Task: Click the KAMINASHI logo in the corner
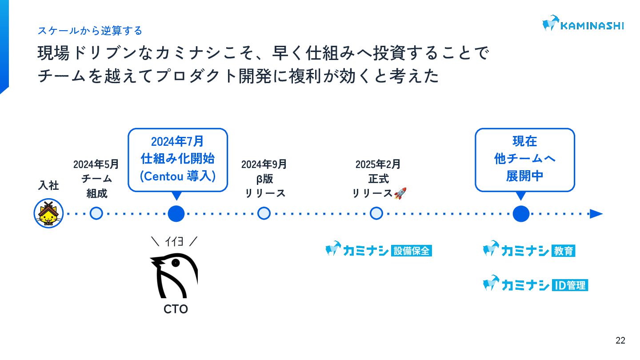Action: [583, 24]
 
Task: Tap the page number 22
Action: [620, 341]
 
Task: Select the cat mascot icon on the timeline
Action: [48, 214]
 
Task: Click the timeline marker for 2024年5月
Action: [96, 214]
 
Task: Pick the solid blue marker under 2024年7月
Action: [176, 214]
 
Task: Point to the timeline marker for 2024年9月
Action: [264, 214]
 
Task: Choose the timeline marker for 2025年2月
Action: [376, 214]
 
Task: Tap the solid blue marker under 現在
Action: [521, 214]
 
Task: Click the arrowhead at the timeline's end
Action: [596, 214]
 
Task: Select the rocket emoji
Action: [400, 193]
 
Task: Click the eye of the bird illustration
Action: [176, 263]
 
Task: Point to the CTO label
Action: [176, 309]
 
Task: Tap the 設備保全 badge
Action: [412, 251]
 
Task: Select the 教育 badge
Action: [564, 251]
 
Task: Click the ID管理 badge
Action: [570, 285]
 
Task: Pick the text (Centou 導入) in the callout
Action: [178, 176]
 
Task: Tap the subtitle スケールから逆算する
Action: [90, 31]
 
